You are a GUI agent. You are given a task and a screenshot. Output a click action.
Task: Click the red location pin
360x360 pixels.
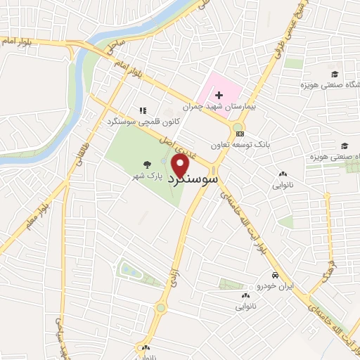pos(181,165)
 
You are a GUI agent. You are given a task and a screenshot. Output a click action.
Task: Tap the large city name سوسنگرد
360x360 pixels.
pos(191,180)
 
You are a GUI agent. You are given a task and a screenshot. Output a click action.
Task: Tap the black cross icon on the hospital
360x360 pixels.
pos(218,95)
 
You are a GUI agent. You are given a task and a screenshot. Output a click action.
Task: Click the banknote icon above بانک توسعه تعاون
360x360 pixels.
pos(240,133)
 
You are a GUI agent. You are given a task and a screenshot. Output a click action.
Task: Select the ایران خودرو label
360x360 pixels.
pos(275,286)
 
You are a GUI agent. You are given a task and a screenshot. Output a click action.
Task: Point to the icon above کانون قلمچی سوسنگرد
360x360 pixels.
pos(143,110)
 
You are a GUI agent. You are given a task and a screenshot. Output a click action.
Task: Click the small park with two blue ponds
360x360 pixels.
pos(131,270)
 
